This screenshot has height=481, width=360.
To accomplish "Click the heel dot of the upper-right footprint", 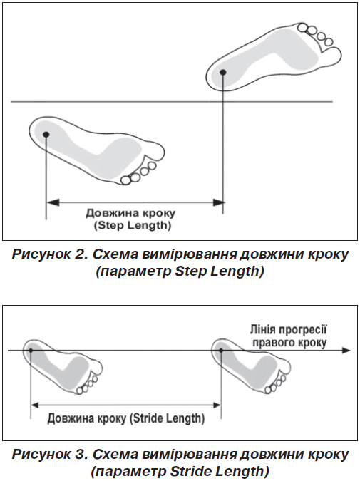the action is point(223,72).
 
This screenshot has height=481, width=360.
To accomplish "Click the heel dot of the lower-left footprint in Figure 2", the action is point(46,135).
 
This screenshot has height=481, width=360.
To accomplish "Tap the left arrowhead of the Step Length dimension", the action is point(52,202).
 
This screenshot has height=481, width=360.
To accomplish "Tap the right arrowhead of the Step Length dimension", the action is point(219,202).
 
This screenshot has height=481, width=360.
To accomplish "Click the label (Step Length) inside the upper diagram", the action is point(133,226).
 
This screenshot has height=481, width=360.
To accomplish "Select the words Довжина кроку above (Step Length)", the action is point(130,213).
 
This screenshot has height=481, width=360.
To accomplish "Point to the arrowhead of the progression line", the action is point(346,351).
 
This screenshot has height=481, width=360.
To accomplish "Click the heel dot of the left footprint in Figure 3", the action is point(31,351).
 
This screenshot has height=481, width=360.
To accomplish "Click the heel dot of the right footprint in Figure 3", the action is point(221,351).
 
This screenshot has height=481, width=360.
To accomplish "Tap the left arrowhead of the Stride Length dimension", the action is point(36,405).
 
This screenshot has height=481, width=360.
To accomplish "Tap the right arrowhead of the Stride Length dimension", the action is point(217,405).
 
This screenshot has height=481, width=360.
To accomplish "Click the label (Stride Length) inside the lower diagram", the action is point(166,418).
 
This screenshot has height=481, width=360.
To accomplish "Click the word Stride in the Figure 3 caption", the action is point(187,470).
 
